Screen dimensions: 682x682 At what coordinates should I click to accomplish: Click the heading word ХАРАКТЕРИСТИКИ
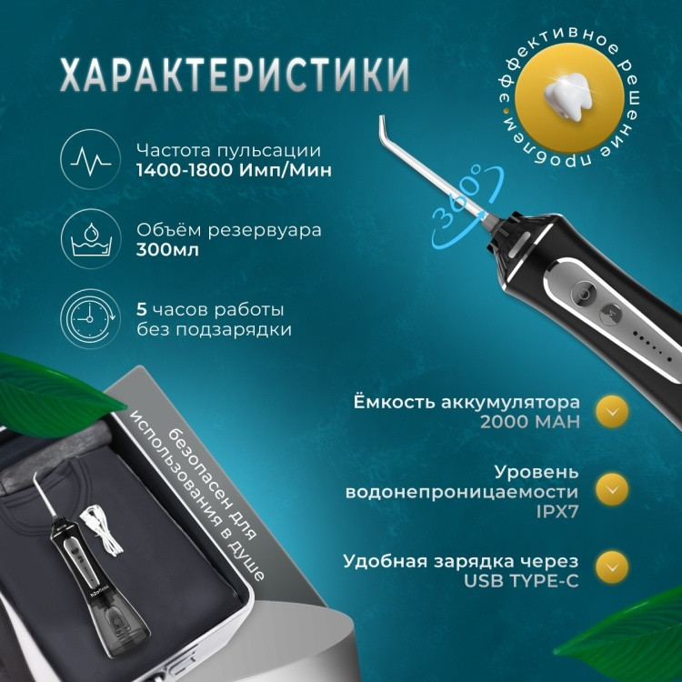(x=235, y=74)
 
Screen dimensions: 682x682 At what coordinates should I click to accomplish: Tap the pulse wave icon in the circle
(x=90, y=159)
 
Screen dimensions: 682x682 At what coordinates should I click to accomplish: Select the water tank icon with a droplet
(x=90, y=239)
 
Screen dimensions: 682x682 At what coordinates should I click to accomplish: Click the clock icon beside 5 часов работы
(x=90, y=318)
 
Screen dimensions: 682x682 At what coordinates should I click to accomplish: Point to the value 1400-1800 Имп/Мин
(x=234, y=170)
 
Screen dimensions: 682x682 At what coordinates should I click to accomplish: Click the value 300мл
(x=167, y=250)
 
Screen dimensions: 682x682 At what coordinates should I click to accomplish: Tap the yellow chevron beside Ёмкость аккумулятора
(x=612, y=411)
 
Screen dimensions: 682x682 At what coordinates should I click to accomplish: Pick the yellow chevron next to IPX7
(x=612, y=489)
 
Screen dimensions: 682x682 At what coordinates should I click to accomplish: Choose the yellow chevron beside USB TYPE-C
(x=612, y=567)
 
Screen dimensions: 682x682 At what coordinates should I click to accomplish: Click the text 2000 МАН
(x=530, y=421)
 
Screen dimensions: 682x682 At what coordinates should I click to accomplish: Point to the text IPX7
(x=557, y=511)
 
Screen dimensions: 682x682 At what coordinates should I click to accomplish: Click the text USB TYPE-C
(x=522, y=581)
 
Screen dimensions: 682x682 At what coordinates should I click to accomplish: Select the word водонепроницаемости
(x=462, y=492)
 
